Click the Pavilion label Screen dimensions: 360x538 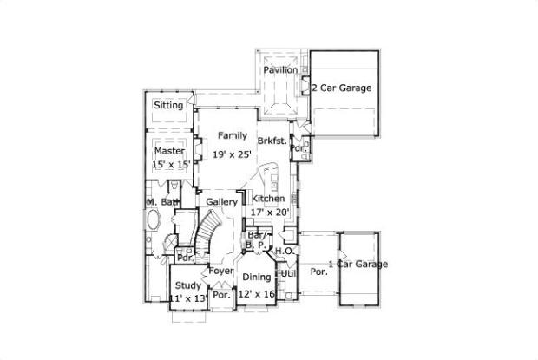tap(280, 69)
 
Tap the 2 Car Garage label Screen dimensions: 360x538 tap(343, 88)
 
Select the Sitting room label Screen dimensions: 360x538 tap(168, 106)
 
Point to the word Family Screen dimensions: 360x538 tap(232, 135)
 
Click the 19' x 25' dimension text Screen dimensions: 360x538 tap(233, 154)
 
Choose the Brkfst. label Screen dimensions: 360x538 tap(272, 139)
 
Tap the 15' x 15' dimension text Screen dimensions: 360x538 tap(170, 163)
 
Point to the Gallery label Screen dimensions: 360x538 tap(222, 202)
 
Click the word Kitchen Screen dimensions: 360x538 tap(268, 199)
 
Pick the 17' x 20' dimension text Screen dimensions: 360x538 tap(269, 212)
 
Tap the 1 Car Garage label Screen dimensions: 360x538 tap(358, 265)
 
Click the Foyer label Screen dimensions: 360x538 tap(221, 271)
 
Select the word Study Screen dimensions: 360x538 tap(188, 285)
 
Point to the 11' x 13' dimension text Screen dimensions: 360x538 tap(188, 298)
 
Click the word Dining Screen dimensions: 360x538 tap(256, 278)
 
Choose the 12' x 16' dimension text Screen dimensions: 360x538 tap(257, 294)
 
